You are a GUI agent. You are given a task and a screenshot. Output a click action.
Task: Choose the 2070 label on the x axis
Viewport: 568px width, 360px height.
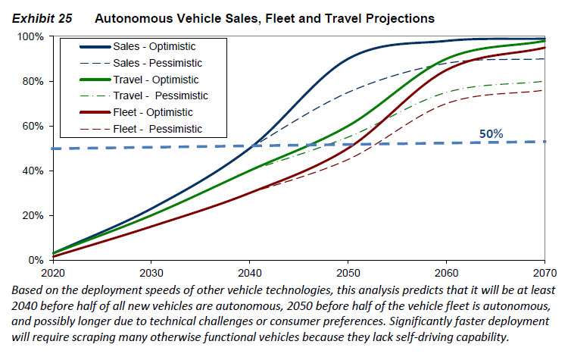[545, 272]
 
